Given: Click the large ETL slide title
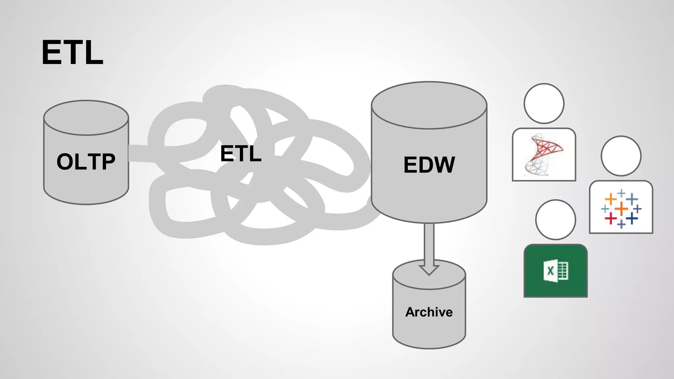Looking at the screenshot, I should click(72, 53).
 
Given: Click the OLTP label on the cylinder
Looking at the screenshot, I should click(86, 162).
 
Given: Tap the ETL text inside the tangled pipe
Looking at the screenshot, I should click(241, 154).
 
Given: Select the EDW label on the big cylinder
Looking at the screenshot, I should click(429, 165).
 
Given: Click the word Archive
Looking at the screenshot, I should click(429, 312).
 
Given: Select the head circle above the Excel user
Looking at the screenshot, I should click(556, 220).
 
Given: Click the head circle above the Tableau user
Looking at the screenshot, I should click(621, 156).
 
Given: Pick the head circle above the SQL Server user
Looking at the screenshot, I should click(544, 103).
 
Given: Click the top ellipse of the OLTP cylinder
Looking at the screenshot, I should click(86, 118).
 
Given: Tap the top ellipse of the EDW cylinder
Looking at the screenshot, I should click(429, 105).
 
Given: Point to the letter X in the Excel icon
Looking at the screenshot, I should click(550, 271).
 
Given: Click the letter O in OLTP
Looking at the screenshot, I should click(65, 162).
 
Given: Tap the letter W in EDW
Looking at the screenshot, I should click(444, 165).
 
